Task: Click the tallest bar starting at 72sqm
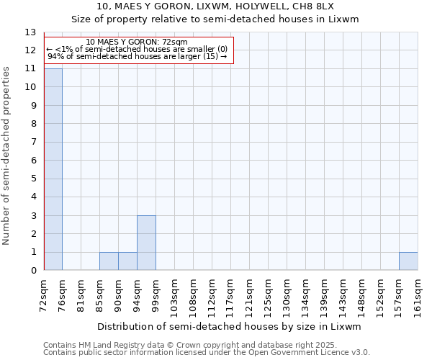coord(53,169)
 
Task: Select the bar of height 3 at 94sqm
coord(146,243)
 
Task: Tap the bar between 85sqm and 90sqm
coord(109,261)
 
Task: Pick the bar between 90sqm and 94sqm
coord(127,261)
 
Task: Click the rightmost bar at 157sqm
coord(408,261)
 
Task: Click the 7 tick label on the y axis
coord(33,142)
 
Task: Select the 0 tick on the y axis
coord(33,271)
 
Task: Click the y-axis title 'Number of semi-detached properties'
coord(7,155)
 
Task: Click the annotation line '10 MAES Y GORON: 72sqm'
coord(136,42)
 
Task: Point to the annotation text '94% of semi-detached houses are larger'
coord(137,57)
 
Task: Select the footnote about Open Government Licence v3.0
coord(207,353)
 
